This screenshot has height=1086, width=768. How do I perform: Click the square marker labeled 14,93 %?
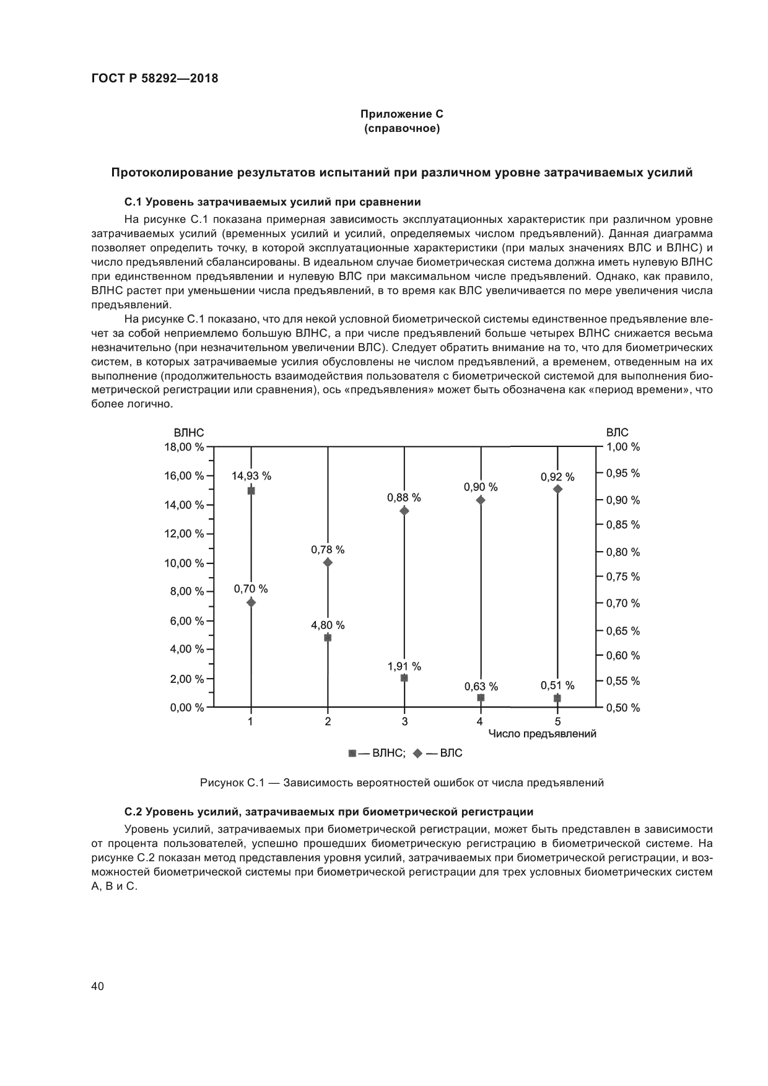point(251,490)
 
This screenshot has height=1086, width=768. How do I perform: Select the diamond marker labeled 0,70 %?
point(251,602)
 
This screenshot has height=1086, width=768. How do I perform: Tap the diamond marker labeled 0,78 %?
point(328,562)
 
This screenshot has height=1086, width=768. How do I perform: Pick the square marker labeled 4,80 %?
point(328,637)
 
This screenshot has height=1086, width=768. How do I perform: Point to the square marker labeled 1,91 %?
point(404,678)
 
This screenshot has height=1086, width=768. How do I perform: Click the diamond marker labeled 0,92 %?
point(557,489)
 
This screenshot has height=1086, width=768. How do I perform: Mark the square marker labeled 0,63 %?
point(481,697)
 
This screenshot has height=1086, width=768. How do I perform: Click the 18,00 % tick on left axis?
point(184,446)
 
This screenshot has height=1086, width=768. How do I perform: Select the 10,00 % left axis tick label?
point(184,563)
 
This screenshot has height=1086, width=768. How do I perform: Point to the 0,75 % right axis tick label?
point(622,576)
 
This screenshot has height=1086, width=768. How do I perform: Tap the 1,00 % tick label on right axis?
point(622,446)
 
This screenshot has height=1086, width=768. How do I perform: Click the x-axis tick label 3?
point(404,721)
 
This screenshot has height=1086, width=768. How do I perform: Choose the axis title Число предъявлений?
point(542,734)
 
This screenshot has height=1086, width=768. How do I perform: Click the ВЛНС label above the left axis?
point(188,433)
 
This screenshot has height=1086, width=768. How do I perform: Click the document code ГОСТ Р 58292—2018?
point(155,79)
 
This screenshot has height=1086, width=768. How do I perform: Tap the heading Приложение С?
point(401,114)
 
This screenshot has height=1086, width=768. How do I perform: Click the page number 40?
point(97,986)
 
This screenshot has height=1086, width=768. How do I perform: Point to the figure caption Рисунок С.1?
point(401,783)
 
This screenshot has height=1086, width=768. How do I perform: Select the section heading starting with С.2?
point(328,812)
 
